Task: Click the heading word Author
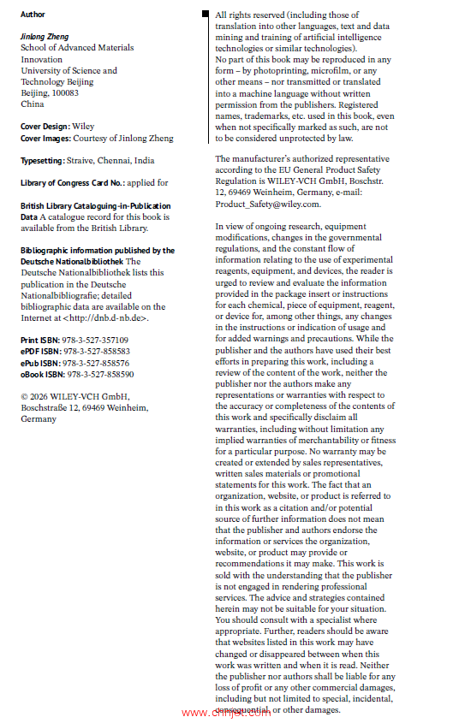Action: (33, 15)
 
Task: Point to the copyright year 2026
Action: (41, 397)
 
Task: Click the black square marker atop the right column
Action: (206, 15)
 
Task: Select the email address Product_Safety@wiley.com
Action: (268, 204)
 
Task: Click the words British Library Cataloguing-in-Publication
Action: (95, 206)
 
